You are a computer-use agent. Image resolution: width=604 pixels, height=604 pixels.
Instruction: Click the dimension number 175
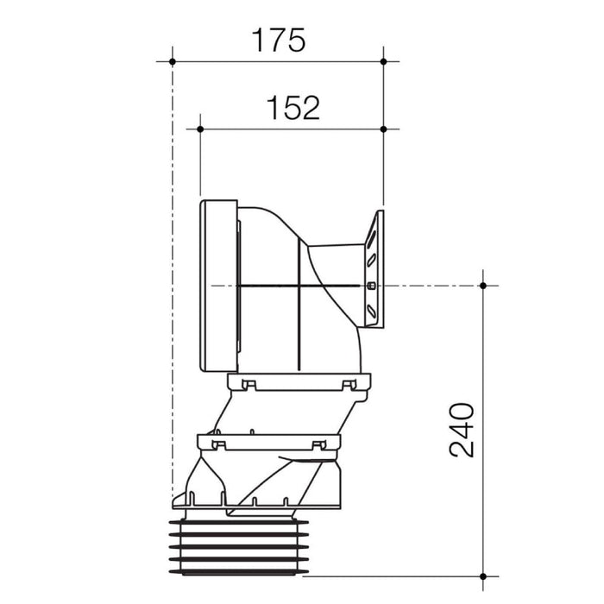click(x=278, y=40)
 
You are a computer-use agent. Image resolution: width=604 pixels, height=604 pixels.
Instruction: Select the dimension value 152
click(x=293, y=108)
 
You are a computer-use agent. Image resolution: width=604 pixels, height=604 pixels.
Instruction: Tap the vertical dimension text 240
click(x=461, y=430)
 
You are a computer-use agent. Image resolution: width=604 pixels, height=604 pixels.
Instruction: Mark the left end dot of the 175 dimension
click(x=173, y=61)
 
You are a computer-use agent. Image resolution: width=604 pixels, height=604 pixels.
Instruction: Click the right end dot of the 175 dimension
click(x=383, y=61)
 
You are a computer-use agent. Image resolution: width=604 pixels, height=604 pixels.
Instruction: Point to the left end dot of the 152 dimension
click(x=200, y=129)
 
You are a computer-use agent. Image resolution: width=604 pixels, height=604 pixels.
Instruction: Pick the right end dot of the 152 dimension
click(x=383, y=129)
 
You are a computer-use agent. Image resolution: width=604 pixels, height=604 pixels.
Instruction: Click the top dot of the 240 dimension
click(x=483, y=286)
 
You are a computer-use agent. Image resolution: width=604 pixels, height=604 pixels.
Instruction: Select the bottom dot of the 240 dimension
click(x=483, y=576)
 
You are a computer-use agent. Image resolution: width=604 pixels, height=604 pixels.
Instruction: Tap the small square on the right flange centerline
click(x=371, y=286)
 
